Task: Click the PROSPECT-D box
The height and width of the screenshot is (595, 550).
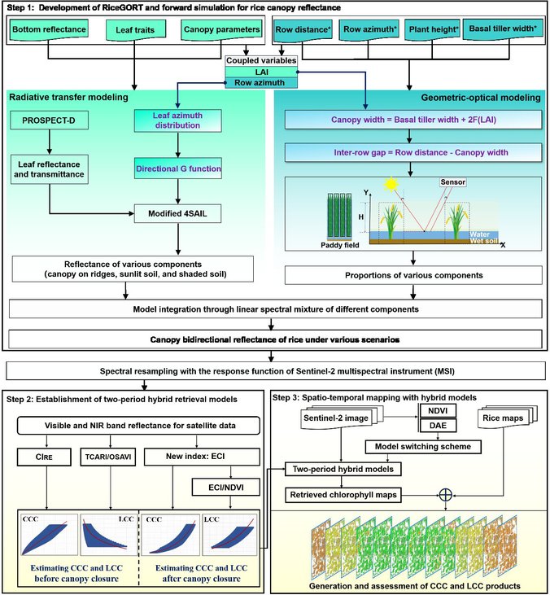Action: [50, 120]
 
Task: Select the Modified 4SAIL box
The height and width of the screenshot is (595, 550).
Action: [177, 213]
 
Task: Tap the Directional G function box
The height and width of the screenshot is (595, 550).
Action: [178, 168]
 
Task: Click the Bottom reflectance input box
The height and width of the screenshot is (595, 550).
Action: [49, 30]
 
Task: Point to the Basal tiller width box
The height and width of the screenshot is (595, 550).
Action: [503, 29]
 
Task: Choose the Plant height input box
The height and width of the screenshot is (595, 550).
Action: [432, 30]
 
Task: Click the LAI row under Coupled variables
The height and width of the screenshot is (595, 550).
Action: [261, 72]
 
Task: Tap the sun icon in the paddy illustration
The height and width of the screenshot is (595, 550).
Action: [391, 185]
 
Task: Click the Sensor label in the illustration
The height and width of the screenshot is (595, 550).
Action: [453, 182]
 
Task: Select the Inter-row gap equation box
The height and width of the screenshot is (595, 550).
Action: [413, 152]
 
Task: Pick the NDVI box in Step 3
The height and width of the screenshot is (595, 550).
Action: [438, 410]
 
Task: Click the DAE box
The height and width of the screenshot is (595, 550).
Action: [438, 426]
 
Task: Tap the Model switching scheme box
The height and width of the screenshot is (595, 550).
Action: [423, 447]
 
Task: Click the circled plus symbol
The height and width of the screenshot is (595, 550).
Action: [446, 495]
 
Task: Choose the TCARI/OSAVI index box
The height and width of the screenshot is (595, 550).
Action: [108, 457]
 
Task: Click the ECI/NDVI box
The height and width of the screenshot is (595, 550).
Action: [226, 488]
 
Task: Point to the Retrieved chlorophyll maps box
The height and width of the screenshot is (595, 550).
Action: [343, 495]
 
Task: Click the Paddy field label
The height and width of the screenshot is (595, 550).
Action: [340, 245]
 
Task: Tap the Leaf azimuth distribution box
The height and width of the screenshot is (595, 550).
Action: [178, 120]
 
